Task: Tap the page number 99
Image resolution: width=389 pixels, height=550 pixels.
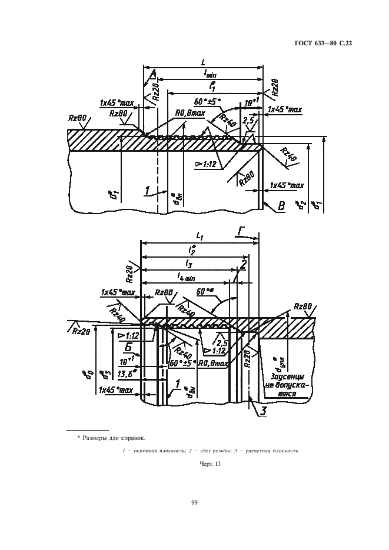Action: pyautogui.click(x=194, y=502)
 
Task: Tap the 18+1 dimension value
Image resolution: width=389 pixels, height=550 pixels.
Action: pyautogui.click(x=252, y=102)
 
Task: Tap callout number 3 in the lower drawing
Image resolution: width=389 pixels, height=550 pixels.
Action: pyautogui.click(x=264, y=411)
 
